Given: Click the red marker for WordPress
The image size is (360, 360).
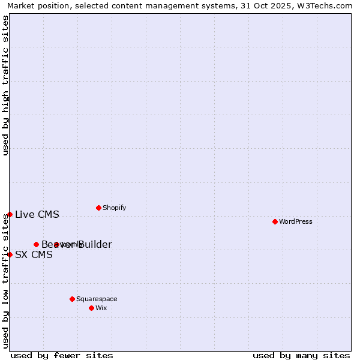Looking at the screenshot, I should click(275, 221).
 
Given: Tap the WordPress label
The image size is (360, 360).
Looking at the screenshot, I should click(296, 221).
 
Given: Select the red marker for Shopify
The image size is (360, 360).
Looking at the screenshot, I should click(98, 208).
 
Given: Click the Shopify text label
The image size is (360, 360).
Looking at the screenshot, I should click(114, 208).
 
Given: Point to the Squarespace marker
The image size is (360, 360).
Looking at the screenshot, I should click(72, 299).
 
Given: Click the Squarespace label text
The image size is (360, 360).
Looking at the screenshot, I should click(97, 299).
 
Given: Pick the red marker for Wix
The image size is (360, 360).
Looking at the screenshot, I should click(91, 308).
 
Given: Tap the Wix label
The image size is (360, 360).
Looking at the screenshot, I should click(101, 308).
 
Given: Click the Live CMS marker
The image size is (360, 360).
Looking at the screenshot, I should click(10, 214).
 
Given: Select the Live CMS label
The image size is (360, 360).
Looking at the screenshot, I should click(37, 215).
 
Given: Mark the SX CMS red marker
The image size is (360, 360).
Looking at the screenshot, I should click(10, 254).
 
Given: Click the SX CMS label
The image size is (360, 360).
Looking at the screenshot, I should click(34, 254).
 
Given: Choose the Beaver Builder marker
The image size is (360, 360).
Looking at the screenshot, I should click(36, 244).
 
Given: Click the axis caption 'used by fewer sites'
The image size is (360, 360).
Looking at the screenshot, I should click(62, 355).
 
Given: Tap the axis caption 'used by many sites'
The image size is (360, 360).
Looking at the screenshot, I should click(301, 355).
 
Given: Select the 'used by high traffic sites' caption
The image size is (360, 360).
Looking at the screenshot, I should click(5, 85).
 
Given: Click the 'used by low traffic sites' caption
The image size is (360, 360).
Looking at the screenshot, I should click(5, 281).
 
